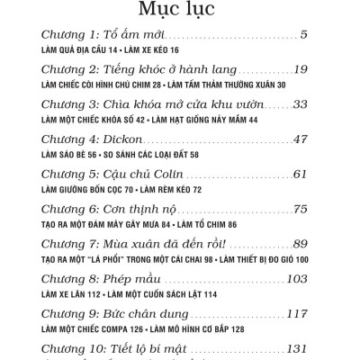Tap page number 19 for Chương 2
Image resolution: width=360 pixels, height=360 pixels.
tap(301, 69)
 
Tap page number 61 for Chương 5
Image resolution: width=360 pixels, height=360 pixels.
tap(301, 174)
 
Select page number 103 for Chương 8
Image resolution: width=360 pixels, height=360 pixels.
tap(296, 279)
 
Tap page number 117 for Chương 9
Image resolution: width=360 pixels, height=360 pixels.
tap(296, 314)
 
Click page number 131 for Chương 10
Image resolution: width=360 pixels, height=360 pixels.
tap(296, 348)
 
